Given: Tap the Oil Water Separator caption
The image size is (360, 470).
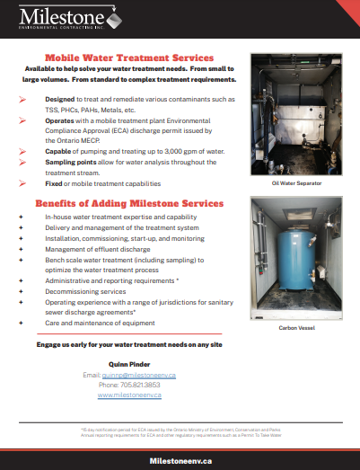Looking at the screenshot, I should click(x=295, y=182).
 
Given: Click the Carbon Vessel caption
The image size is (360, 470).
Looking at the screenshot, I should click(x=295, y=340).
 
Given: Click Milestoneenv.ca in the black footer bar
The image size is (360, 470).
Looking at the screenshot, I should click(x=180, y=459).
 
